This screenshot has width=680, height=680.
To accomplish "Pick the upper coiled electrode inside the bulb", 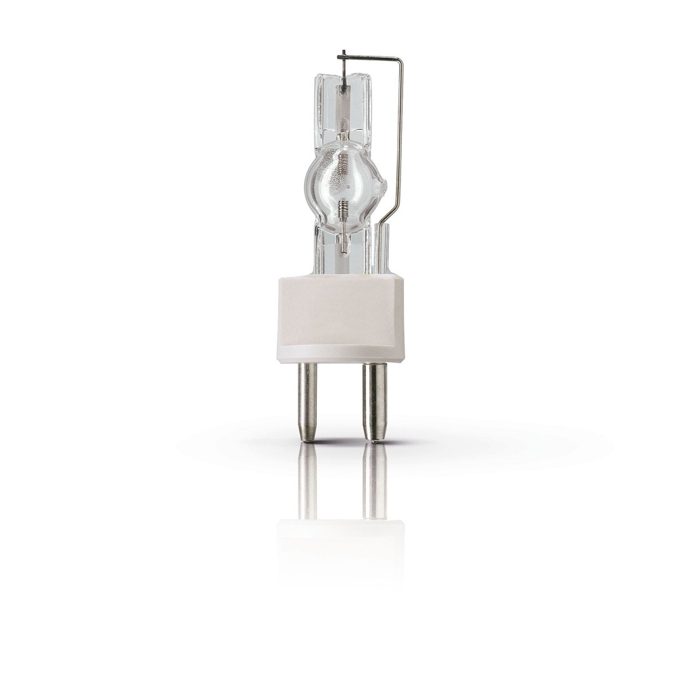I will [x=344, y=126].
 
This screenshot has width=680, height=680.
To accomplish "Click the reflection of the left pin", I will [x=307, y=479].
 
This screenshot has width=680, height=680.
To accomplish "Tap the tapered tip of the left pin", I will [x=308, y=436].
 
